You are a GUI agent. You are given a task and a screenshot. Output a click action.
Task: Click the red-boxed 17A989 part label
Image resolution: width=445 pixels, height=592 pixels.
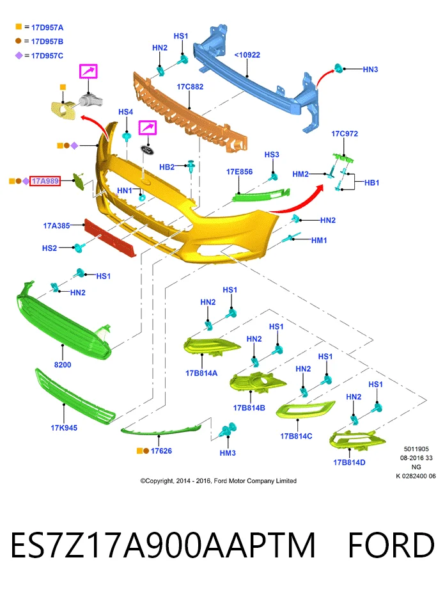[x=45, y=181]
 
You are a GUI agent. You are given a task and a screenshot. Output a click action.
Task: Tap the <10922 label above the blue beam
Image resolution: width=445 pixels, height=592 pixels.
[x=247, y=55]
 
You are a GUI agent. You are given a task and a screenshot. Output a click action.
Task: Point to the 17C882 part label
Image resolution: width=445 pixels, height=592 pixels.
[x=190, y=87]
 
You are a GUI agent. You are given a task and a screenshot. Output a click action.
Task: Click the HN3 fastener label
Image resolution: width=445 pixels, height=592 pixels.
[x=370, y=70]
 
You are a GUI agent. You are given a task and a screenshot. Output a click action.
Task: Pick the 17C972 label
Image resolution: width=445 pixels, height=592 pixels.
[x=345, y=134]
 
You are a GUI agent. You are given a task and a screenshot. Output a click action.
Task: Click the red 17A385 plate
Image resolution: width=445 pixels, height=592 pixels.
[x=110, y=238]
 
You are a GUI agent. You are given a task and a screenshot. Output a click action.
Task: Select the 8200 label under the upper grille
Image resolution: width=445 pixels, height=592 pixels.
[x=63, y=365]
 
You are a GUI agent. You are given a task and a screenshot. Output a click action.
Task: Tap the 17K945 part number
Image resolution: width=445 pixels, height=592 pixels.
[x=64, y=428]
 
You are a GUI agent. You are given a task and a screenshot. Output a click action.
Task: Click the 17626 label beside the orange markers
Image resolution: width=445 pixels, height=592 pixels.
[x=161, y=451]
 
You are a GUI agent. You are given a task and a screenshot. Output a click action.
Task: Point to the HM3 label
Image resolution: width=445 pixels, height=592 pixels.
[x=228, y=453]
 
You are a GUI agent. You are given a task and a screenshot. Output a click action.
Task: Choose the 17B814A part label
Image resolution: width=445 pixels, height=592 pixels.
[x=201, y=373]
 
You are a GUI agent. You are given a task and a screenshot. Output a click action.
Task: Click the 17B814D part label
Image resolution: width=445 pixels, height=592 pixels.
[x=349, y=463]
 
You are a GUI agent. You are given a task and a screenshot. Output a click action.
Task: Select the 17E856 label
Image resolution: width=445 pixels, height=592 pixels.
[x=240, y=172]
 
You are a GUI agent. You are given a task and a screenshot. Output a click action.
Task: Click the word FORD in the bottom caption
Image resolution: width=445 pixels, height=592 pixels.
[x=391, y=545]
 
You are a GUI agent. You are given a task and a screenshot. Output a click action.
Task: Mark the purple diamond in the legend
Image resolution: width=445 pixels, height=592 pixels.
[x=19, y=56]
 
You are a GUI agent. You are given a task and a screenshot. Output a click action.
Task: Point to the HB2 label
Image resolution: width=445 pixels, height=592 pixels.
[x=167, y=167]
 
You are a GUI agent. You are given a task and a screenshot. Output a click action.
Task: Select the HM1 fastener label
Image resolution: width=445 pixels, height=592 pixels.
[x=319, y=241]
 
